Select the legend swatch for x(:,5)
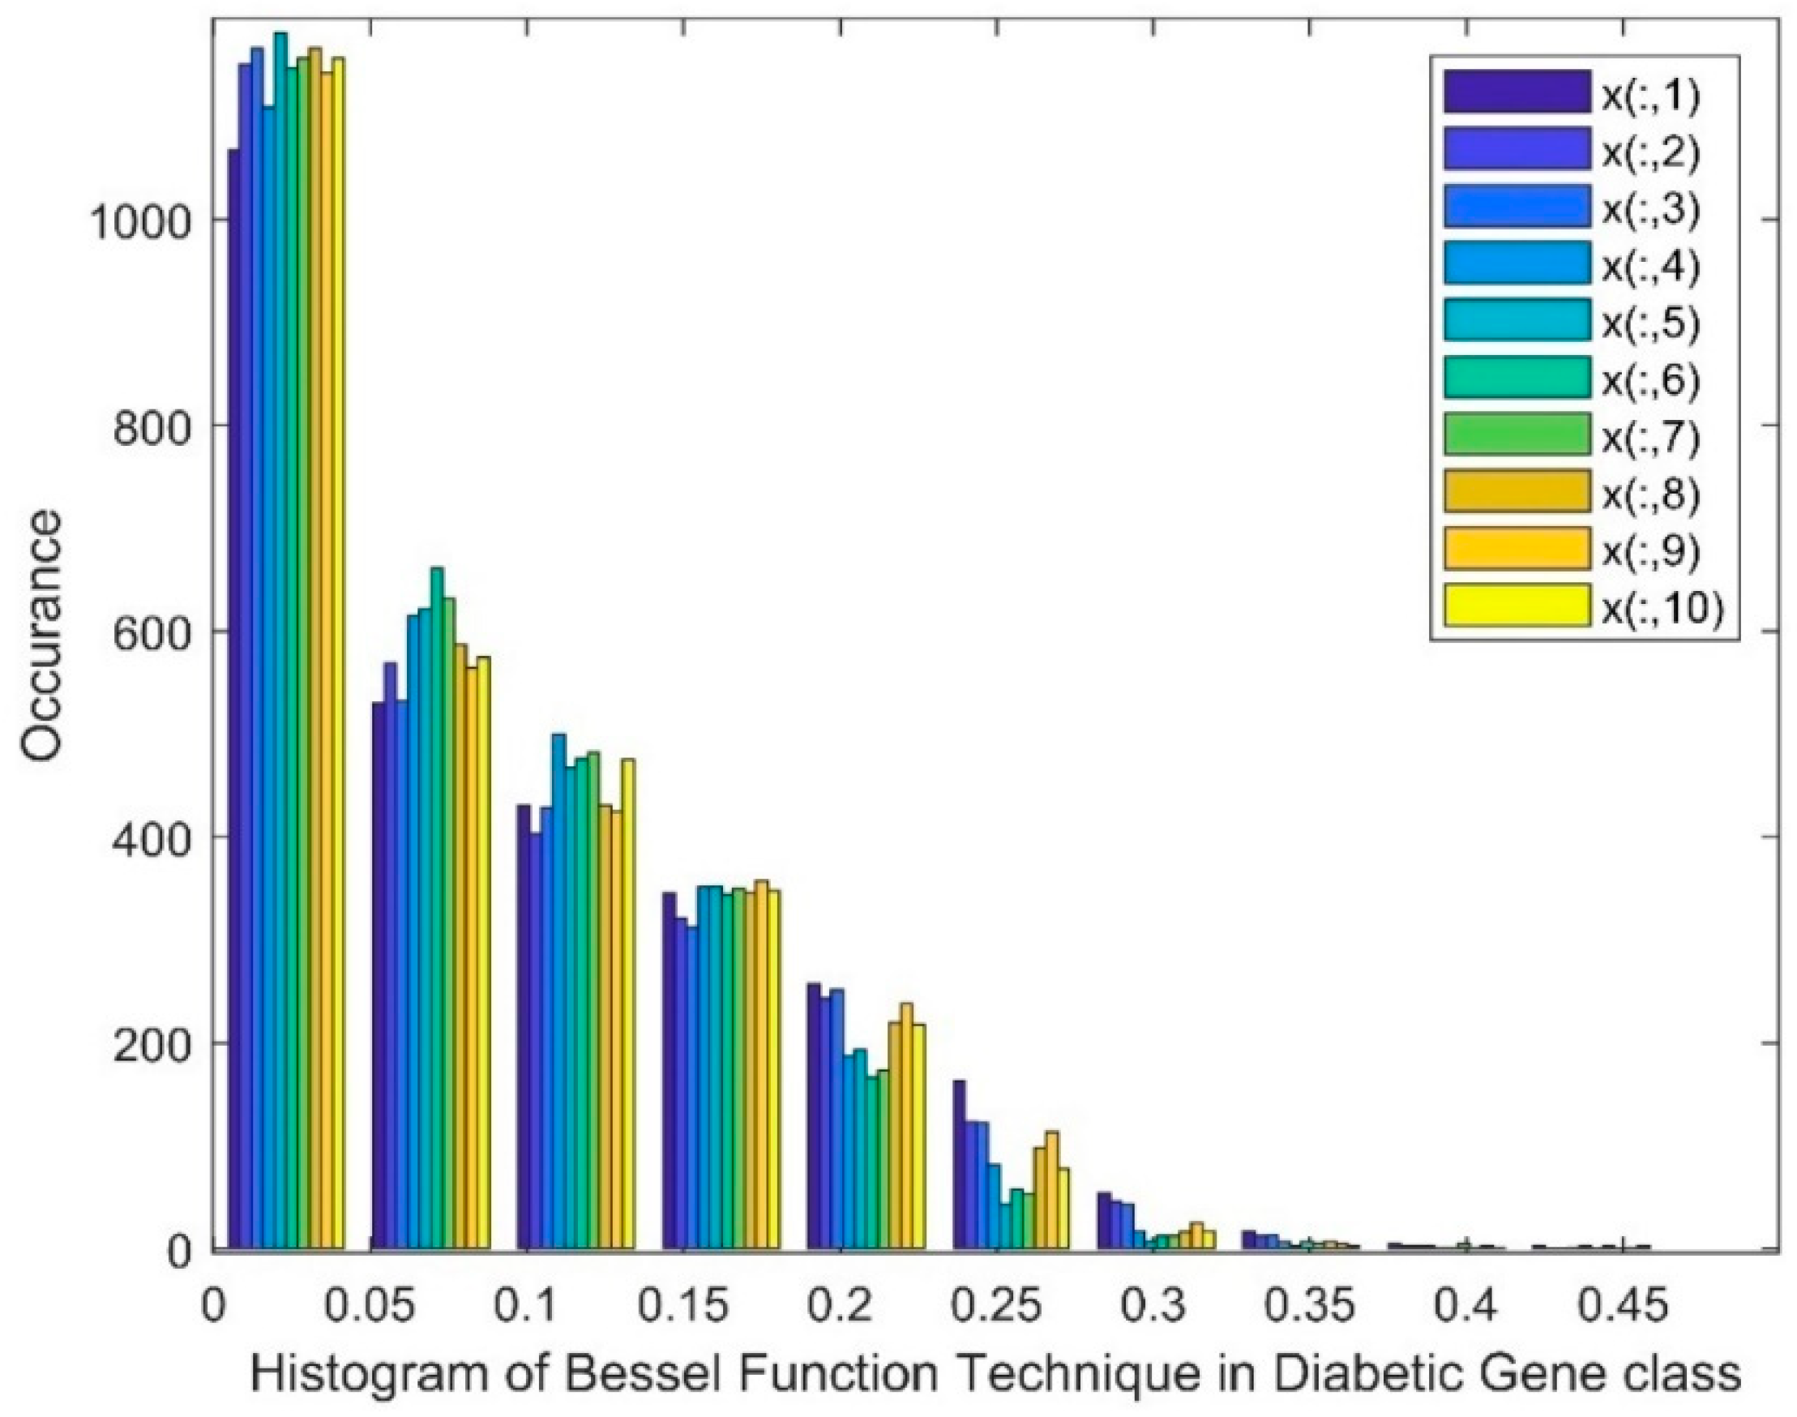1517,322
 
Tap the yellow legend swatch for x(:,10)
1517,607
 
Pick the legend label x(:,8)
1650,494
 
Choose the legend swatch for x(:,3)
1517,208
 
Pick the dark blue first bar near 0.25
959,1165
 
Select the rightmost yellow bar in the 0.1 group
628,1003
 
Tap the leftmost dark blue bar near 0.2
814,1115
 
